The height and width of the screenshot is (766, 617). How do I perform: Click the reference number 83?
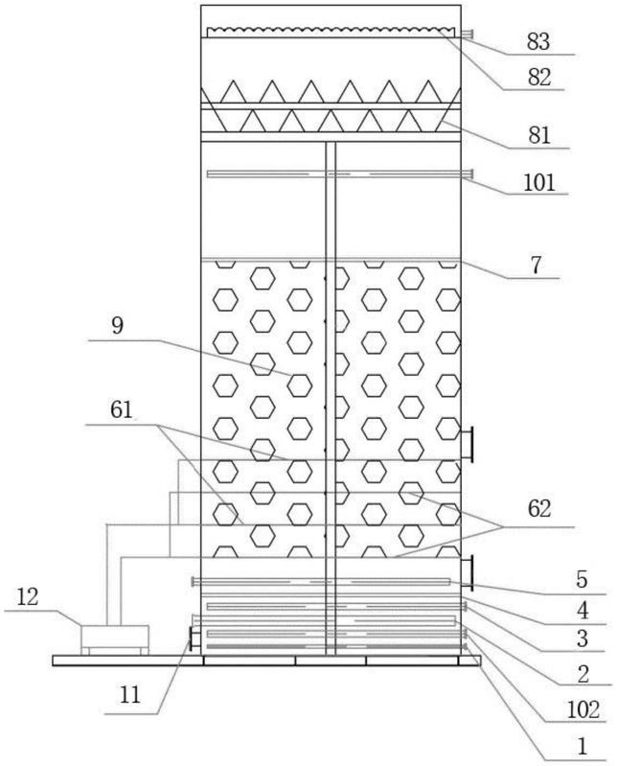click(537, 42)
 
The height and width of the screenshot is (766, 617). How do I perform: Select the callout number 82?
click(538, 78)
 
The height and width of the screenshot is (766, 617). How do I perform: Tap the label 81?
click(538, 135)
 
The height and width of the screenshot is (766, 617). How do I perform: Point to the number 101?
click(538, 183)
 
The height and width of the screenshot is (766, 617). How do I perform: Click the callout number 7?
click(536, 265)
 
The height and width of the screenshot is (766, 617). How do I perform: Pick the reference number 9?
click(117, 325)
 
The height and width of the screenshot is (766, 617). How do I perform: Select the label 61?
click(121, 409)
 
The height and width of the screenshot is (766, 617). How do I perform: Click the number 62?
click(538, 509)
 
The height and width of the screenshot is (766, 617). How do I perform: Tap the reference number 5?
click(582, 579)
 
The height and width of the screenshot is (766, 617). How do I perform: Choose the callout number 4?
click(583, 611)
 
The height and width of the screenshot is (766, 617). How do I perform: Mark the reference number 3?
click(583, 638)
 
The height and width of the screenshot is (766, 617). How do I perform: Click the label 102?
click(583, 709)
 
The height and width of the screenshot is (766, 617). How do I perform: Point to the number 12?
click(28, 596)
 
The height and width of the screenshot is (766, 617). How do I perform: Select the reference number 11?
click(130, 695)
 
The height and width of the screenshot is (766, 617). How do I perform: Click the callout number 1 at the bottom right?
click(582, 746)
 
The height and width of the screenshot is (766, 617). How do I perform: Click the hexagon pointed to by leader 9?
click(300, 385)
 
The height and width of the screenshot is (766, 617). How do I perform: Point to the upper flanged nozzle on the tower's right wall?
click(467, 443)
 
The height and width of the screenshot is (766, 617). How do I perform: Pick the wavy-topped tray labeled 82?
click(331, 33)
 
